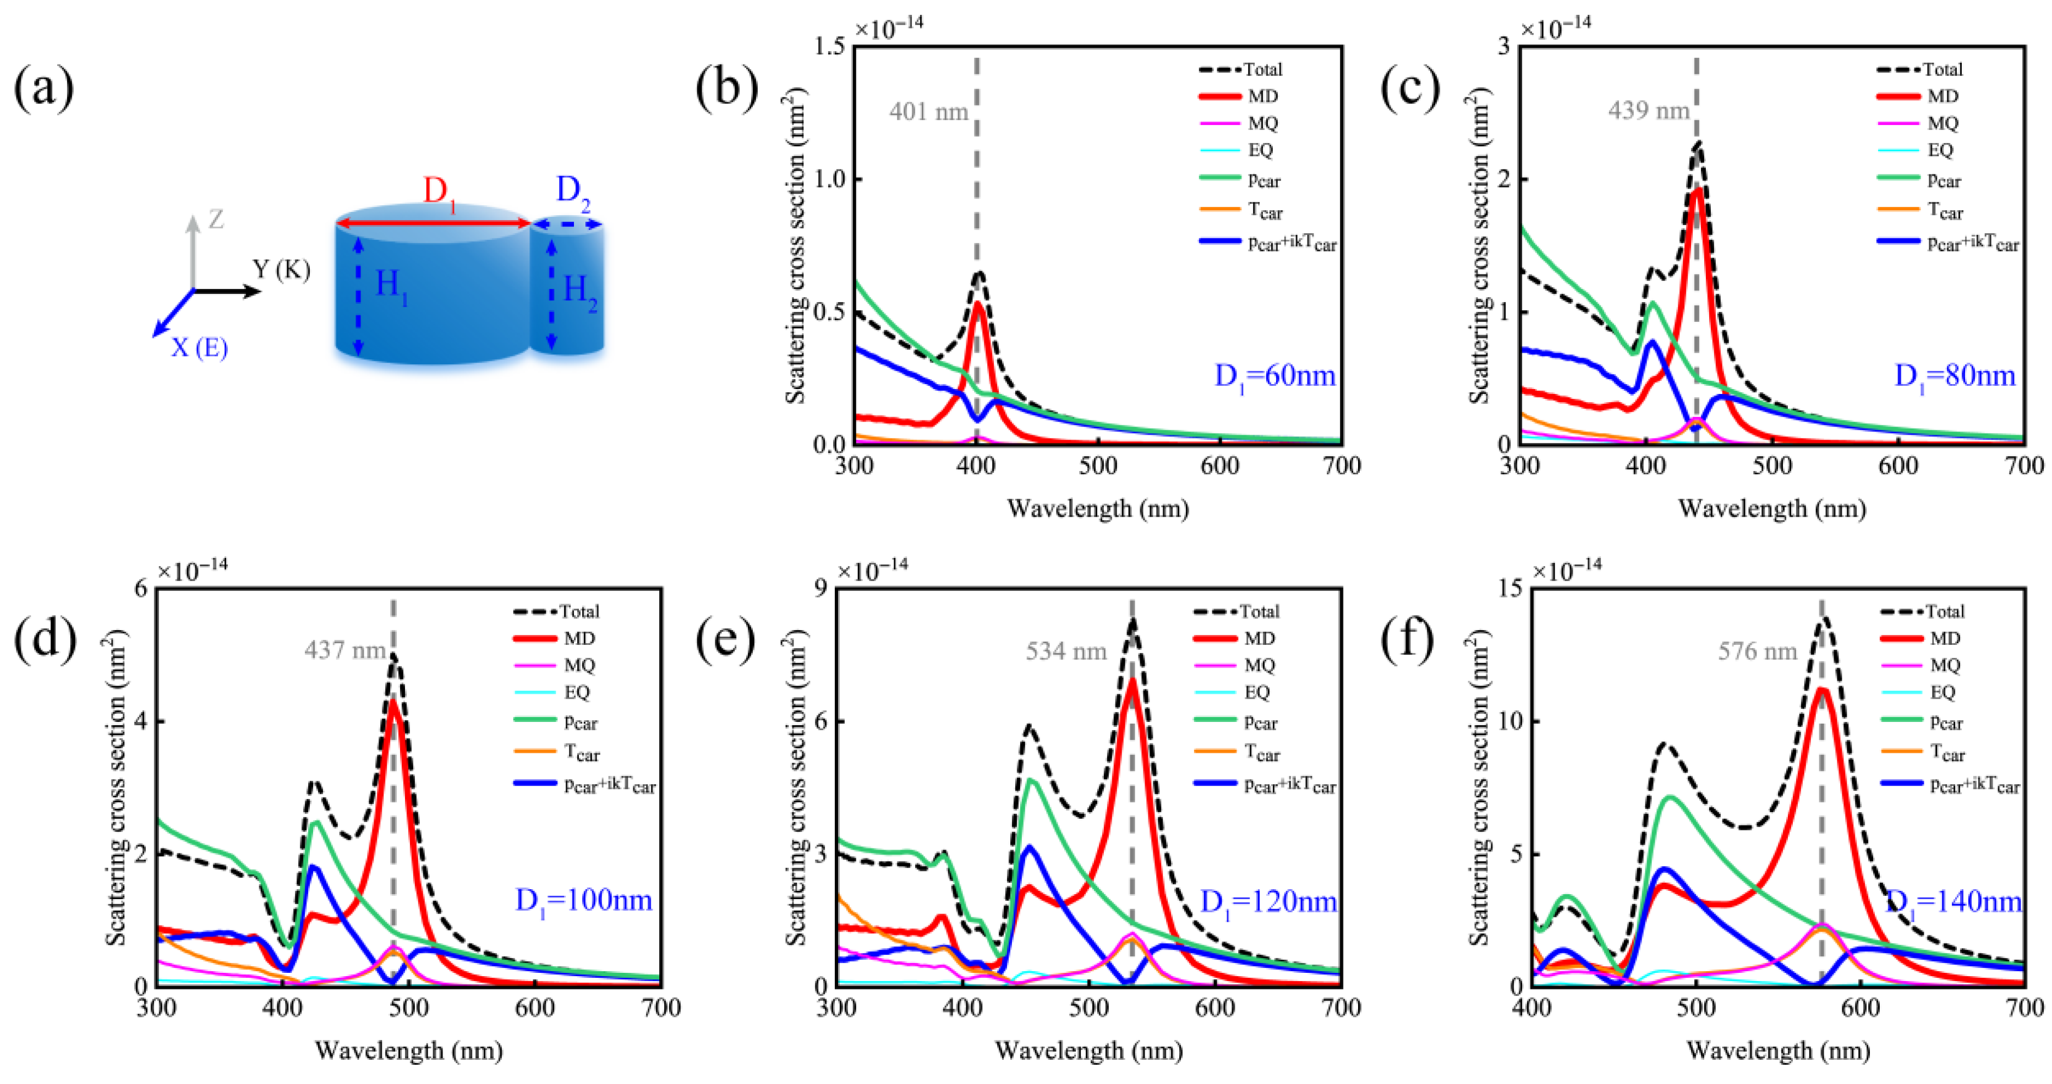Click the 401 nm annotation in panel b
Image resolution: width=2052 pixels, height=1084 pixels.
coord(928,112)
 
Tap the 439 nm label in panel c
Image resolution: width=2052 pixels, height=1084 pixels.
coord(1648,110)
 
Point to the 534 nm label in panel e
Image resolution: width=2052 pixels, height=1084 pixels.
coord(1066,652)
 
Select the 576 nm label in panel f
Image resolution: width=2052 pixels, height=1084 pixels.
coord(1757,652)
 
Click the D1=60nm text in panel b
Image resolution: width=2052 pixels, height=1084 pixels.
coord(1274,376)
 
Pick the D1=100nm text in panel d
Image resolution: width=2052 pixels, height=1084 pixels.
coord(583,901)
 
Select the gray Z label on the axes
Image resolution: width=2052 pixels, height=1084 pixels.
coord(216,219)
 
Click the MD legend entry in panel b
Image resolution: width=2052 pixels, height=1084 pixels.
coord(1262,96)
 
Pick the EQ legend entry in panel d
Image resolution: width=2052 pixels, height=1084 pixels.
coord(577,692)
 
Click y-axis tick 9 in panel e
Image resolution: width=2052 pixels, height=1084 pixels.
coord(819,589)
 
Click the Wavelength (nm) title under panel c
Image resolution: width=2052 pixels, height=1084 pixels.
coord(1772,509)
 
